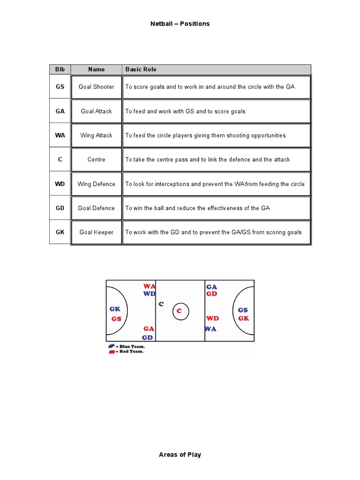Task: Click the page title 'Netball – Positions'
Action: coord(180,24)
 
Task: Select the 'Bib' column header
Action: coord(60,69)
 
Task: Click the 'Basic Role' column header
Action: coord(141,69)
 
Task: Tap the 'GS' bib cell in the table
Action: coord(60,87)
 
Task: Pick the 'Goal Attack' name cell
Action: coord(97,112)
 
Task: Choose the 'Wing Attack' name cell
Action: coord(97,135)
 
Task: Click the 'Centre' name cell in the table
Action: coord(97,160)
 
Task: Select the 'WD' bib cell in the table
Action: coord(60,184)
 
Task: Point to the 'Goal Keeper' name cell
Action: coord(97,232)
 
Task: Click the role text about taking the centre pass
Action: coord(207,160)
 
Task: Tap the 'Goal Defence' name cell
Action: coord(97,208)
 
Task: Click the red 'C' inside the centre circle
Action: coord(179,311)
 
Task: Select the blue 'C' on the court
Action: coord(161,304)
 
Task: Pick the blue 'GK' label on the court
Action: coord(115,309)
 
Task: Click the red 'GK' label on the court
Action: coord(243,318)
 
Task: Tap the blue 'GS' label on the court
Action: coord(243,310)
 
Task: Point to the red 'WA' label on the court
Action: coord(149,286)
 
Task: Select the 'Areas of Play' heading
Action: coord(180,455)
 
